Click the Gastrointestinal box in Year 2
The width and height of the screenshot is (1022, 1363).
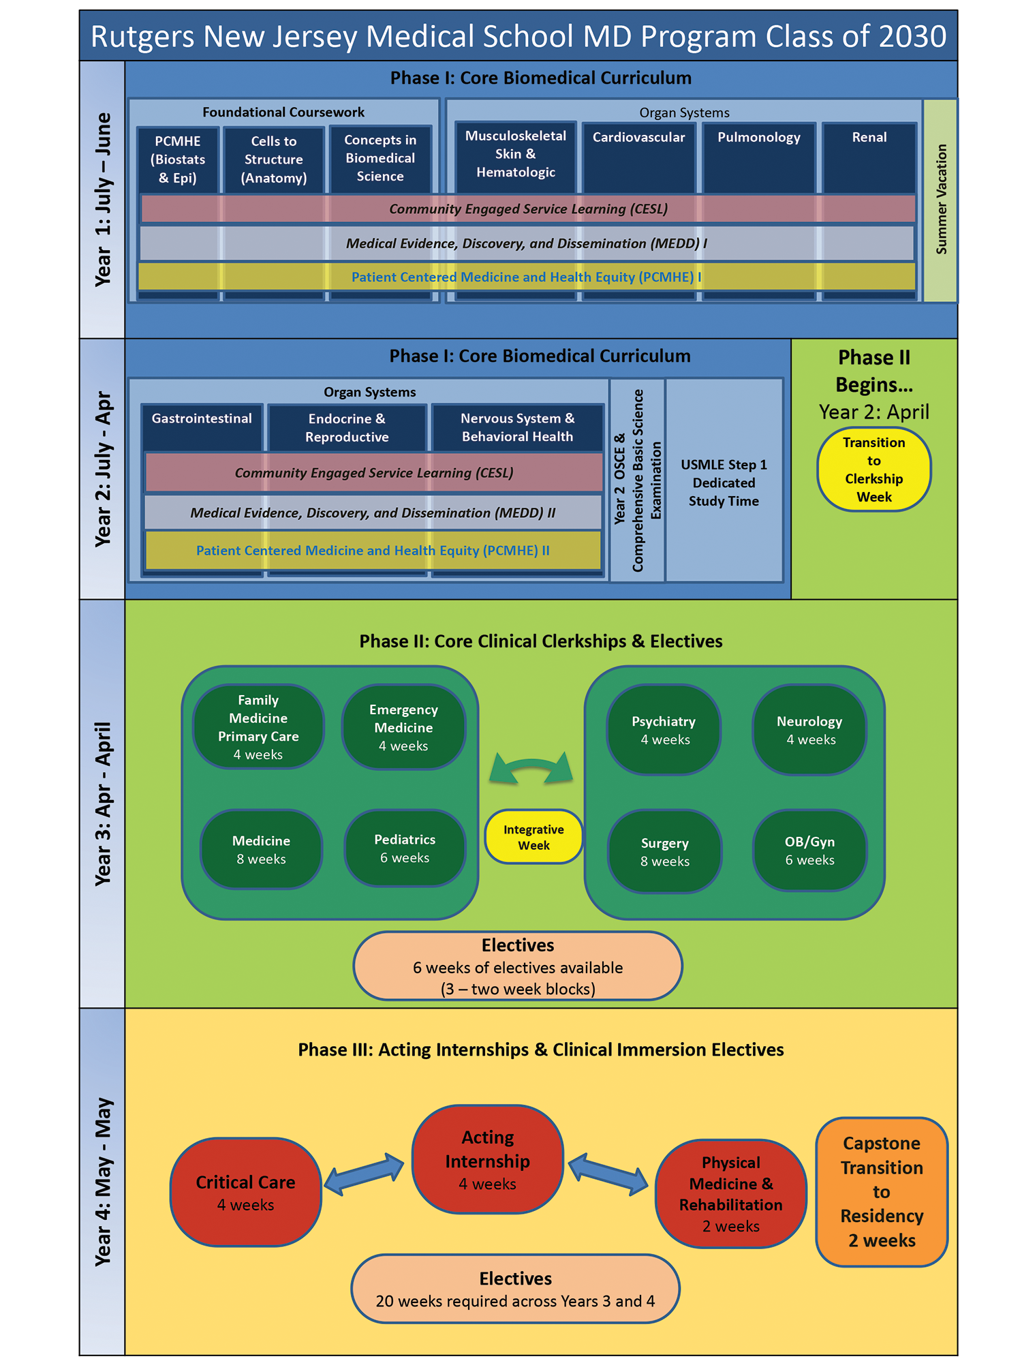[202, 427]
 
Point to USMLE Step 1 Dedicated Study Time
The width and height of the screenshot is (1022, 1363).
[724, 483]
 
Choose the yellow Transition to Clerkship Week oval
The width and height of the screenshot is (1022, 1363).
[873, 470]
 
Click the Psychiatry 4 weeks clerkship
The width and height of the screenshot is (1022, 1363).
[664, 730]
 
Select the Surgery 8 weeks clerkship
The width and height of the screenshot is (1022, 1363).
[664, 852]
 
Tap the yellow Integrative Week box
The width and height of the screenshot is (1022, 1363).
[533, 837]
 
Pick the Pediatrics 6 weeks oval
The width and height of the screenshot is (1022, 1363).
[405, 848]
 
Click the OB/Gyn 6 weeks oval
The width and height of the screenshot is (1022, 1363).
[809, 851]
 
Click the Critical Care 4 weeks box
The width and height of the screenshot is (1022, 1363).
[245, 1192]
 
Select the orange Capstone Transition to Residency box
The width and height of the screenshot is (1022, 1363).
[882, 1192]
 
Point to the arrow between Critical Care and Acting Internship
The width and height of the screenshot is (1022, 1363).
[365, 1174]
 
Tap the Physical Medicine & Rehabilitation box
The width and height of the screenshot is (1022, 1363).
[730, 1193]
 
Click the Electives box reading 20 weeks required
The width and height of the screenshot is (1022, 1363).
[515, 1289]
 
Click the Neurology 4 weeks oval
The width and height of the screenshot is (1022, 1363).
[809, 730]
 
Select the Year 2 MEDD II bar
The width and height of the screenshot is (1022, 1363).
[373, 512]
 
